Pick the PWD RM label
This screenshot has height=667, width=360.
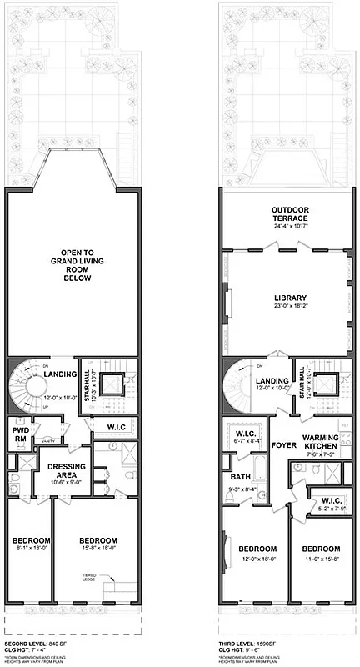point(21,435)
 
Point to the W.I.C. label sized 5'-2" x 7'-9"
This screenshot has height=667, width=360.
point(326,501)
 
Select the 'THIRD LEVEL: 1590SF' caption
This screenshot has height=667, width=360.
point(254,644)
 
